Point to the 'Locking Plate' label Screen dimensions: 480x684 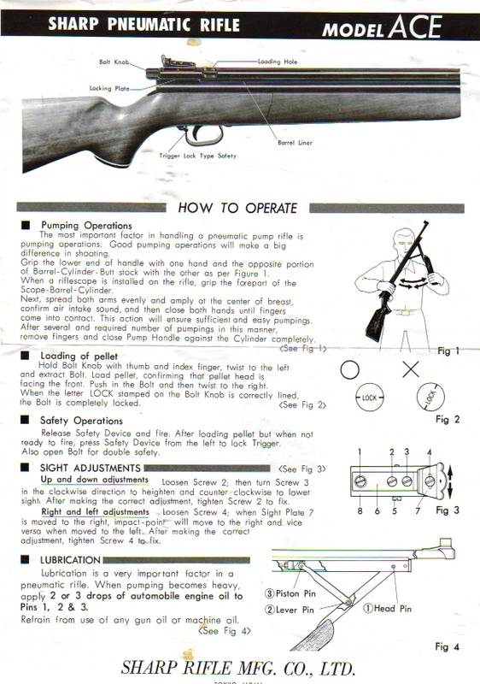(x=110, y=87)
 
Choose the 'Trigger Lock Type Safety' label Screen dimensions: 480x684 (x=198, y=157)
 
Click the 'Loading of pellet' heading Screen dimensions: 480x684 (x=79, y=355)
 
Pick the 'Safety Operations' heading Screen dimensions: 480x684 (x=80, y=422)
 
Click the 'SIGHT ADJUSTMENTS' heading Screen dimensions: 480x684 (x=89, y=469)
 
